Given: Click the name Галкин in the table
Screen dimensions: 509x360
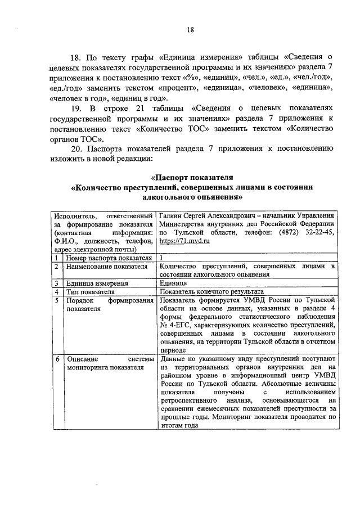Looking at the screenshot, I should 171,215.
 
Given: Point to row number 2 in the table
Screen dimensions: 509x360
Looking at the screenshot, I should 57,266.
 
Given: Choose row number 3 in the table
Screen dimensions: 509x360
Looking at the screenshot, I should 57,283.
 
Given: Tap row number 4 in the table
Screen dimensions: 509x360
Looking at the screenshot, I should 57,292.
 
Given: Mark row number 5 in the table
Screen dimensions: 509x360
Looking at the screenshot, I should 57,300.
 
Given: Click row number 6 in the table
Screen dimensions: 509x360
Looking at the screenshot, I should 57,358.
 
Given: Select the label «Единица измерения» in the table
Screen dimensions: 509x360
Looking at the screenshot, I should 96,283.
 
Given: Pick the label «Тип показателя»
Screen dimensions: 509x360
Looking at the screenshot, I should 91,292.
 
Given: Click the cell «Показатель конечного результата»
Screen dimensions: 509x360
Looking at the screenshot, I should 211,292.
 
